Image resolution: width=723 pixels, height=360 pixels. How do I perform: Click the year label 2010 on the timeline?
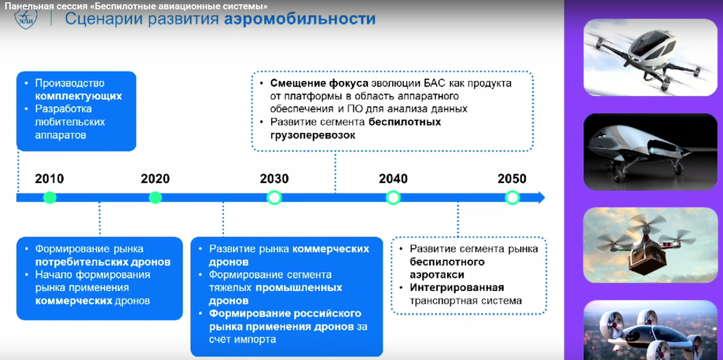pyautogui.click(x=50, y=178)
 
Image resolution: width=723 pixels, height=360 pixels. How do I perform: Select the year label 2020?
pyautogui.click(x=155, y=178)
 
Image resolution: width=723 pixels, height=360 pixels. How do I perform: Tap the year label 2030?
pyautogui.click(x=273, y=178)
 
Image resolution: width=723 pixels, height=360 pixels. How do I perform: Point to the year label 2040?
pyautogui.click(x=393, y=178)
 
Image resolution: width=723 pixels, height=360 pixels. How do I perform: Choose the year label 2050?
pyautogui.click(x=512, y=178)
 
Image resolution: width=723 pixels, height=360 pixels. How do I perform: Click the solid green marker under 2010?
pyautogui.click(x=50, y=197)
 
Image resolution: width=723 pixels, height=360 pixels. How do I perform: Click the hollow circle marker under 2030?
pyautogui.click(x=273, y=197)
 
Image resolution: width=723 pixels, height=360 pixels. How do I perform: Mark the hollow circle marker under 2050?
pyautogui.click(x=512, y=197)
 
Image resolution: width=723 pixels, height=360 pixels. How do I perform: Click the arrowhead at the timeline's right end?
pyautogui.click(x=540, y=197)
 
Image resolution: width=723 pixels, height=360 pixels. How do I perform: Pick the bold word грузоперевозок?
pyautogui.click(x=313, y=135)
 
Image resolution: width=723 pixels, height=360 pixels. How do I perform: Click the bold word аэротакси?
pyautogui.click(x=436, y=274)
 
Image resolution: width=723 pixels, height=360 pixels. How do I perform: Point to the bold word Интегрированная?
pyautogui.click(x=457, y=288)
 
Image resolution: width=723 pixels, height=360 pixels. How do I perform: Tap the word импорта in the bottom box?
pyautogui.click(x=254, y=340)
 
